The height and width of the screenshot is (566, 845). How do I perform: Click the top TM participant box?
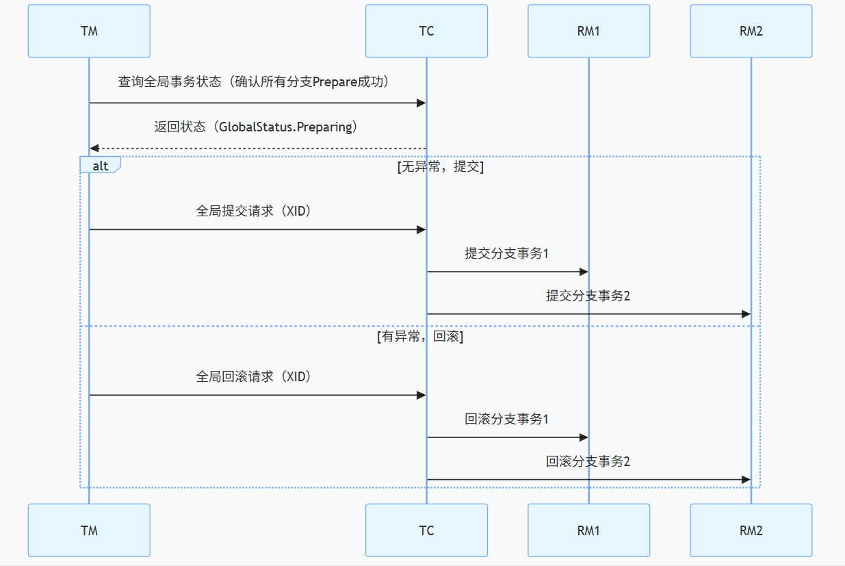[x=89, y=31]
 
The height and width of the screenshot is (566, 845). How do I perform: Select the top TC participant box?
[x=426, y=31]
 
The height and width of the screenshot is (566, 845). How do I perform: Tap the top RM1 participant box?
[x=588, y=31]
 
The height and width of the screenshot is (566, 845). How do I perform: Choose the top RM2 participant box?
[x=751, y=31]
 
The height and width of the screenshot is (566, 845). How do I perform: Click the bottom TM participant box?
[x=89, y=530]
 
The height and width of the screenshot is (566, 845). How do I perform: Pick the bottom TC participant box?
[x=426, y=530]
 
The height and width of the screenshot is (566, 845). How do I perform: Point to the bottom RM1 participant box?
[x=588, y=530]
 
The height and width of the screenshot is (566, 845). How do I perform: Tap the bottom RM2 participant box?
[x=751, y=530]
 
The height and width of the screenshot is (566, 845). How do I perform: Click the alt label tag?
[x=100, y=166]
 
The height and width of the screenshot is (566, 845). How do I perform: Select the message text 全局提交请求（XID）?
[x=257, y=211]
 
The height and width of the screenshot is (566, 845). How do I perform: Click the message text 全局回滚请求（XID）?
[x=257, y=376]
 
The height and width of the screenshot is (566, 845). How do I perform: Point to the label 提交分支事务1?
[x=507, y=253]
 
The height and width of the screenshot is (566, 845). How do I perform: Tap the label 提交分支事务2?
[x=588, y=296]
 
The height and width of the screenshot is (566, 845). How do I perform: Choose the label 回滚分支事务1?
[x=507, y=419]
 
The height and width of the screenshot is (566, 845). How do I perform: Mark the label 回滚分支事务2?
[x=588, y=461]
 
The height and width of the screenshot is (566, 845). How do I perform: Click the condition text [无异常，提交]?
[x=440, y=167]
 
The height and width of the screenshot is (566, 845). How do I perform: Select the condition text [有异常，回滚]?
[x=420, y=337]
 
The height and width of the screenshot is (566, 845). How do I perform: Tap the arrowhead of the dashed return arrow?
[x=94, y=149]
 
